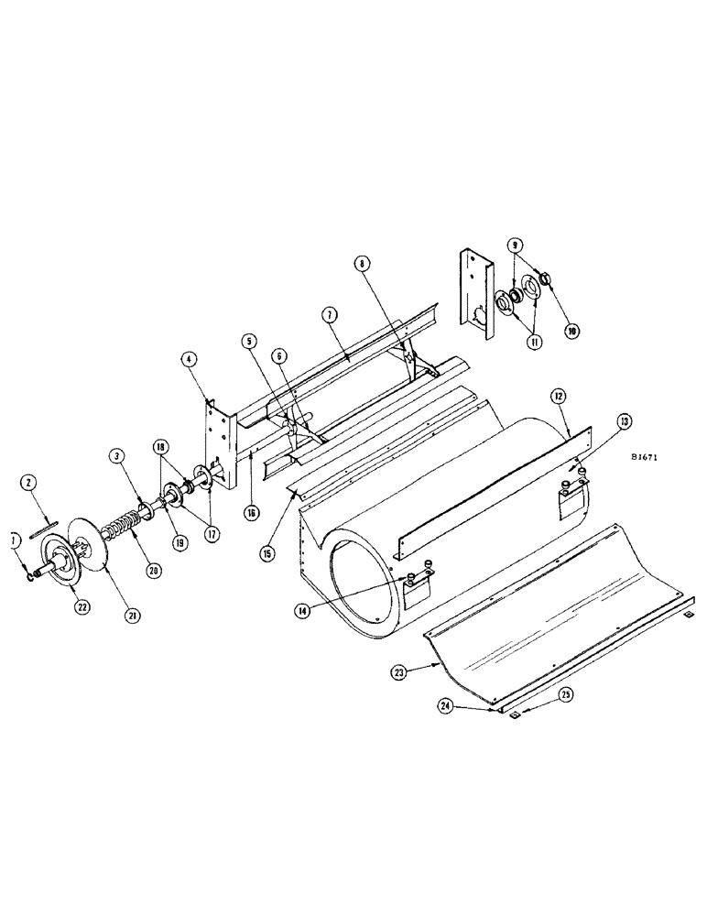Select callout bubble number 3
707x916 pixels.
(117, 455)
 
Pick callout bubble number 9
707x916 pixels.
(516, 245)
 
